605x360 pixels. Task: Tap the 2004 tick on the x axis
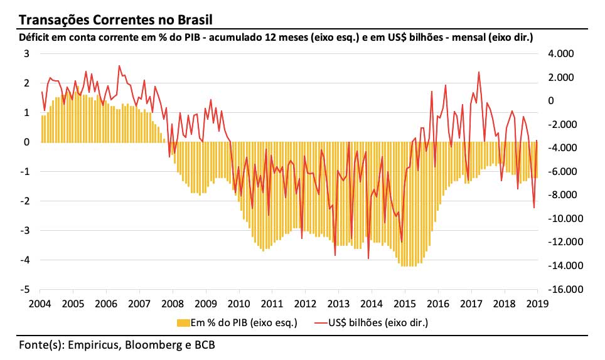(40, 303)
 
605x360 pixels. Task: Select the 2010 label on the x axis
(239, 303)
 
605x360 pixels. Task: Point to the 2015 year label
(405, 303)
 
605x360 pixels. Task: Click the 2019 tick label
(537, 303)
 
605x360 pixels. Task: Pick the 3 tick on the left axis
(27, 53)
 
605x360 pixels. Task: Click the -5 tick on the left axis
(26, 290)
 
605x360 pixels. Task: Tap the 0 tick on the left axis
(27, 142)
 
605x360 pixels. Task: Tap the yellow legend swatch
(182, 322)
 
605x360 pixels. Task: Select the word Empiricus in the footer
(92, 344)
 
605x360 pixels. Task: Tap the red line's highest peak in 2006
(119, 66)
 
